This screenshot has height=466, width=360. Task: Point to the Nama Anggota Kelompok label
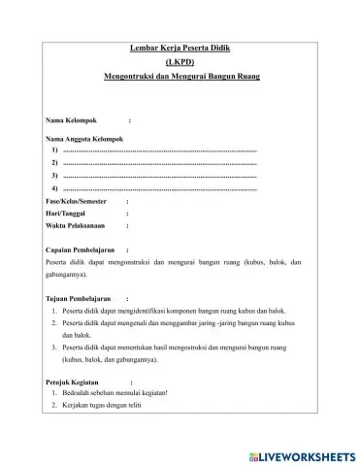[x=87, y=141]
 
